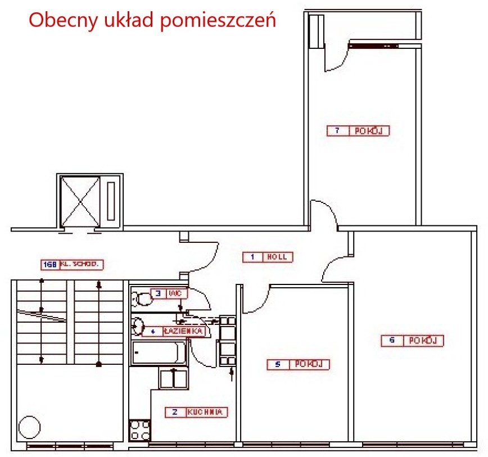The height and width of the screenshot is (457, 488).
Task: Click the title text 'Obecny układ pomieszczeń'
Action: (x=152, y=20)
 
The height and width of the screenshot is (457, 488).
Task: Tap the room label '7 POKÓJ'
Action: (x=359, y=131)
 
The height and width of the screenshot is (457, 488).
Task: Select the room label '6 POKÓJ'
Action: (x=413, y=341)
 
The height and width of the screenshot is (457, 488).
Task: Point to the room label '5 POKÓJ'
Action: (x=298, y=365)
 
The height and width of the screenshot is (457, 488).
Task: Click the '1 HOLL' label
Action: (x=268, y=257)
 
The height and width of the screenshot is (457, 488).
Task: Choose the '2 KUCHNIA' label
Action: (x=196, y=412)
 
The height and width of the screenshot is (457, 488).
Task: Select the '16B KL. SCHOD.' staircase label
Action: (x=74, y=264)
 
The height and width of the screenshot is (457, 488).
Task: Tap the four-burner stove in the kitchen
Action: (x=140, y=431)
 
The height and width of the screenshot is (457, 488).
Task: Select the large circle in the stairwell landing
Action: (x=30, y=428)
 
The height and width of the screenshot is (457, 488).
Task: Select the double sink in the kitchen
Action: (x=173, y=378)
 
